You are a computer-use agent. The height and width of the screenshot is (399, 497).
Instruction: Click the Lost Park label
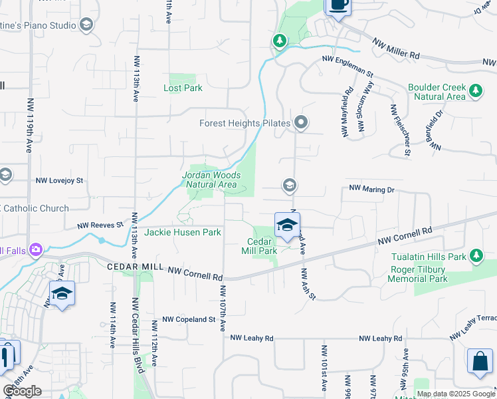tap(183, 88)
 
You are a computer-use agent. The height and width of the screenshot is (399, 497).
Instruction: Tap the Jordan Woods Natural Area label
tap(211, 180)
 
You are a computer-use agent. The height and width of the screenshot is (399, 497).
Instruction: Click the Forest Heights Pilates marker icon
tap(301, 122)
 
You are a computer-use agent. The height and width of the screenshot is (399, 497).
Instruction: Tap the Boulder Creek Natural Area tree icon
tap(475, 90)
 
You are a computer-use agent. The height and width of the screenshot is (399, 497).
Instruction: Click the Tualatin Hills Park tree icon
tap(475, 255)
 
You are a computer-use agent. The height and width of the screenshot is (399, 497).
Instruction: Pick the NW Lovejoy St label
tap(60, 180)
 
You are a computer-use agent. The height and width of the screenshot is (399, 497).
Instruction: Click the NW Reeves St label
tap(100, 225)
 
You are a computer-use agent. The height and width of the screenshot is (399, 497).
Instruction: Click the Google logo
tap(22, 391)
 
